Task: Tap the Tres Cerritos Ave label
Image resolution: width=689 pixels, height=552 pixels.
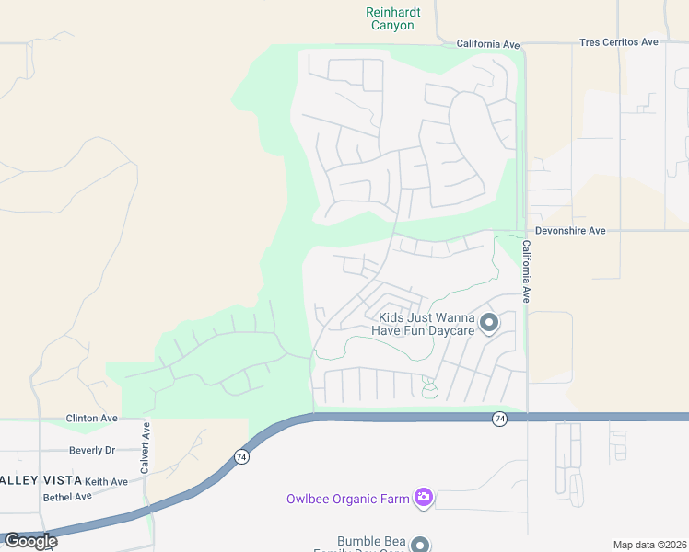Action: (619, 42)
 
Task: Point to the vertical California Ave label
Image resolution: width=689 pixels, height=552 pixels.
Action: (527, 272)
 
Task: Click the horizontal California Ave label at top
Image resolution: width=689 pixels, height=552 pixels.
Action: (489, 43)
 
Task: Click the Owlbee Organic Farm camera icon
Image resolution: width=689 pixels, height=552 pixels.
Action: (423, 498)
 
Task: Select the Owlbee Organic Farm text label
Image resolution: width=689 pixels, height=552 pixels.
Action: (346, 499)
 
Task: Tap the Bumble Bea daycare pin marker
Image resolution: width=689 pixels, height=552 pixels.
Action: (420, 544)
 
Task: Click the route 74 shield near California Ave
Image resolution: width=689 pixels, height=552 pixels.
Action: (499, 419)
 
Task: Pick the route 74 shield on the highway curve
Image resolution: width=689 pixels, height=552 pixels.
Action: (241, 456)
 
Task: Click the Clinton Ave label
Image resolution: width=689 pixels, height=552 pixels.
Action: (92, 418)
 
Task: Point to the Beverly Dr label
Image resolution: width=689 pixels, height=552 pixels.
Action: (92, 451)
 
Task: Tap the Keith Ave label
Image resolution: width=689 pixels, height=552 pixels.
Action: (106, 481)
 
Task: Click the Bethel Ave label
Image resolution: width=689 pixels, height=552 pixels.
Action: (67, 497)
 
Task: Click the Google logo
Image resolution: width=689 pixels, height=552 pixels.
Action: (30, 540)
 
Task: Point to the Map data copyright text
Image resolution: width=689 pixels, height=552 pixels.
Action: (649, 545)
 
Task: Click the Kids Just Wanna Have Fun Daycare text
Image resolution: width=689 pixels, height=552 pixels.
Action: (423, 323)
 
